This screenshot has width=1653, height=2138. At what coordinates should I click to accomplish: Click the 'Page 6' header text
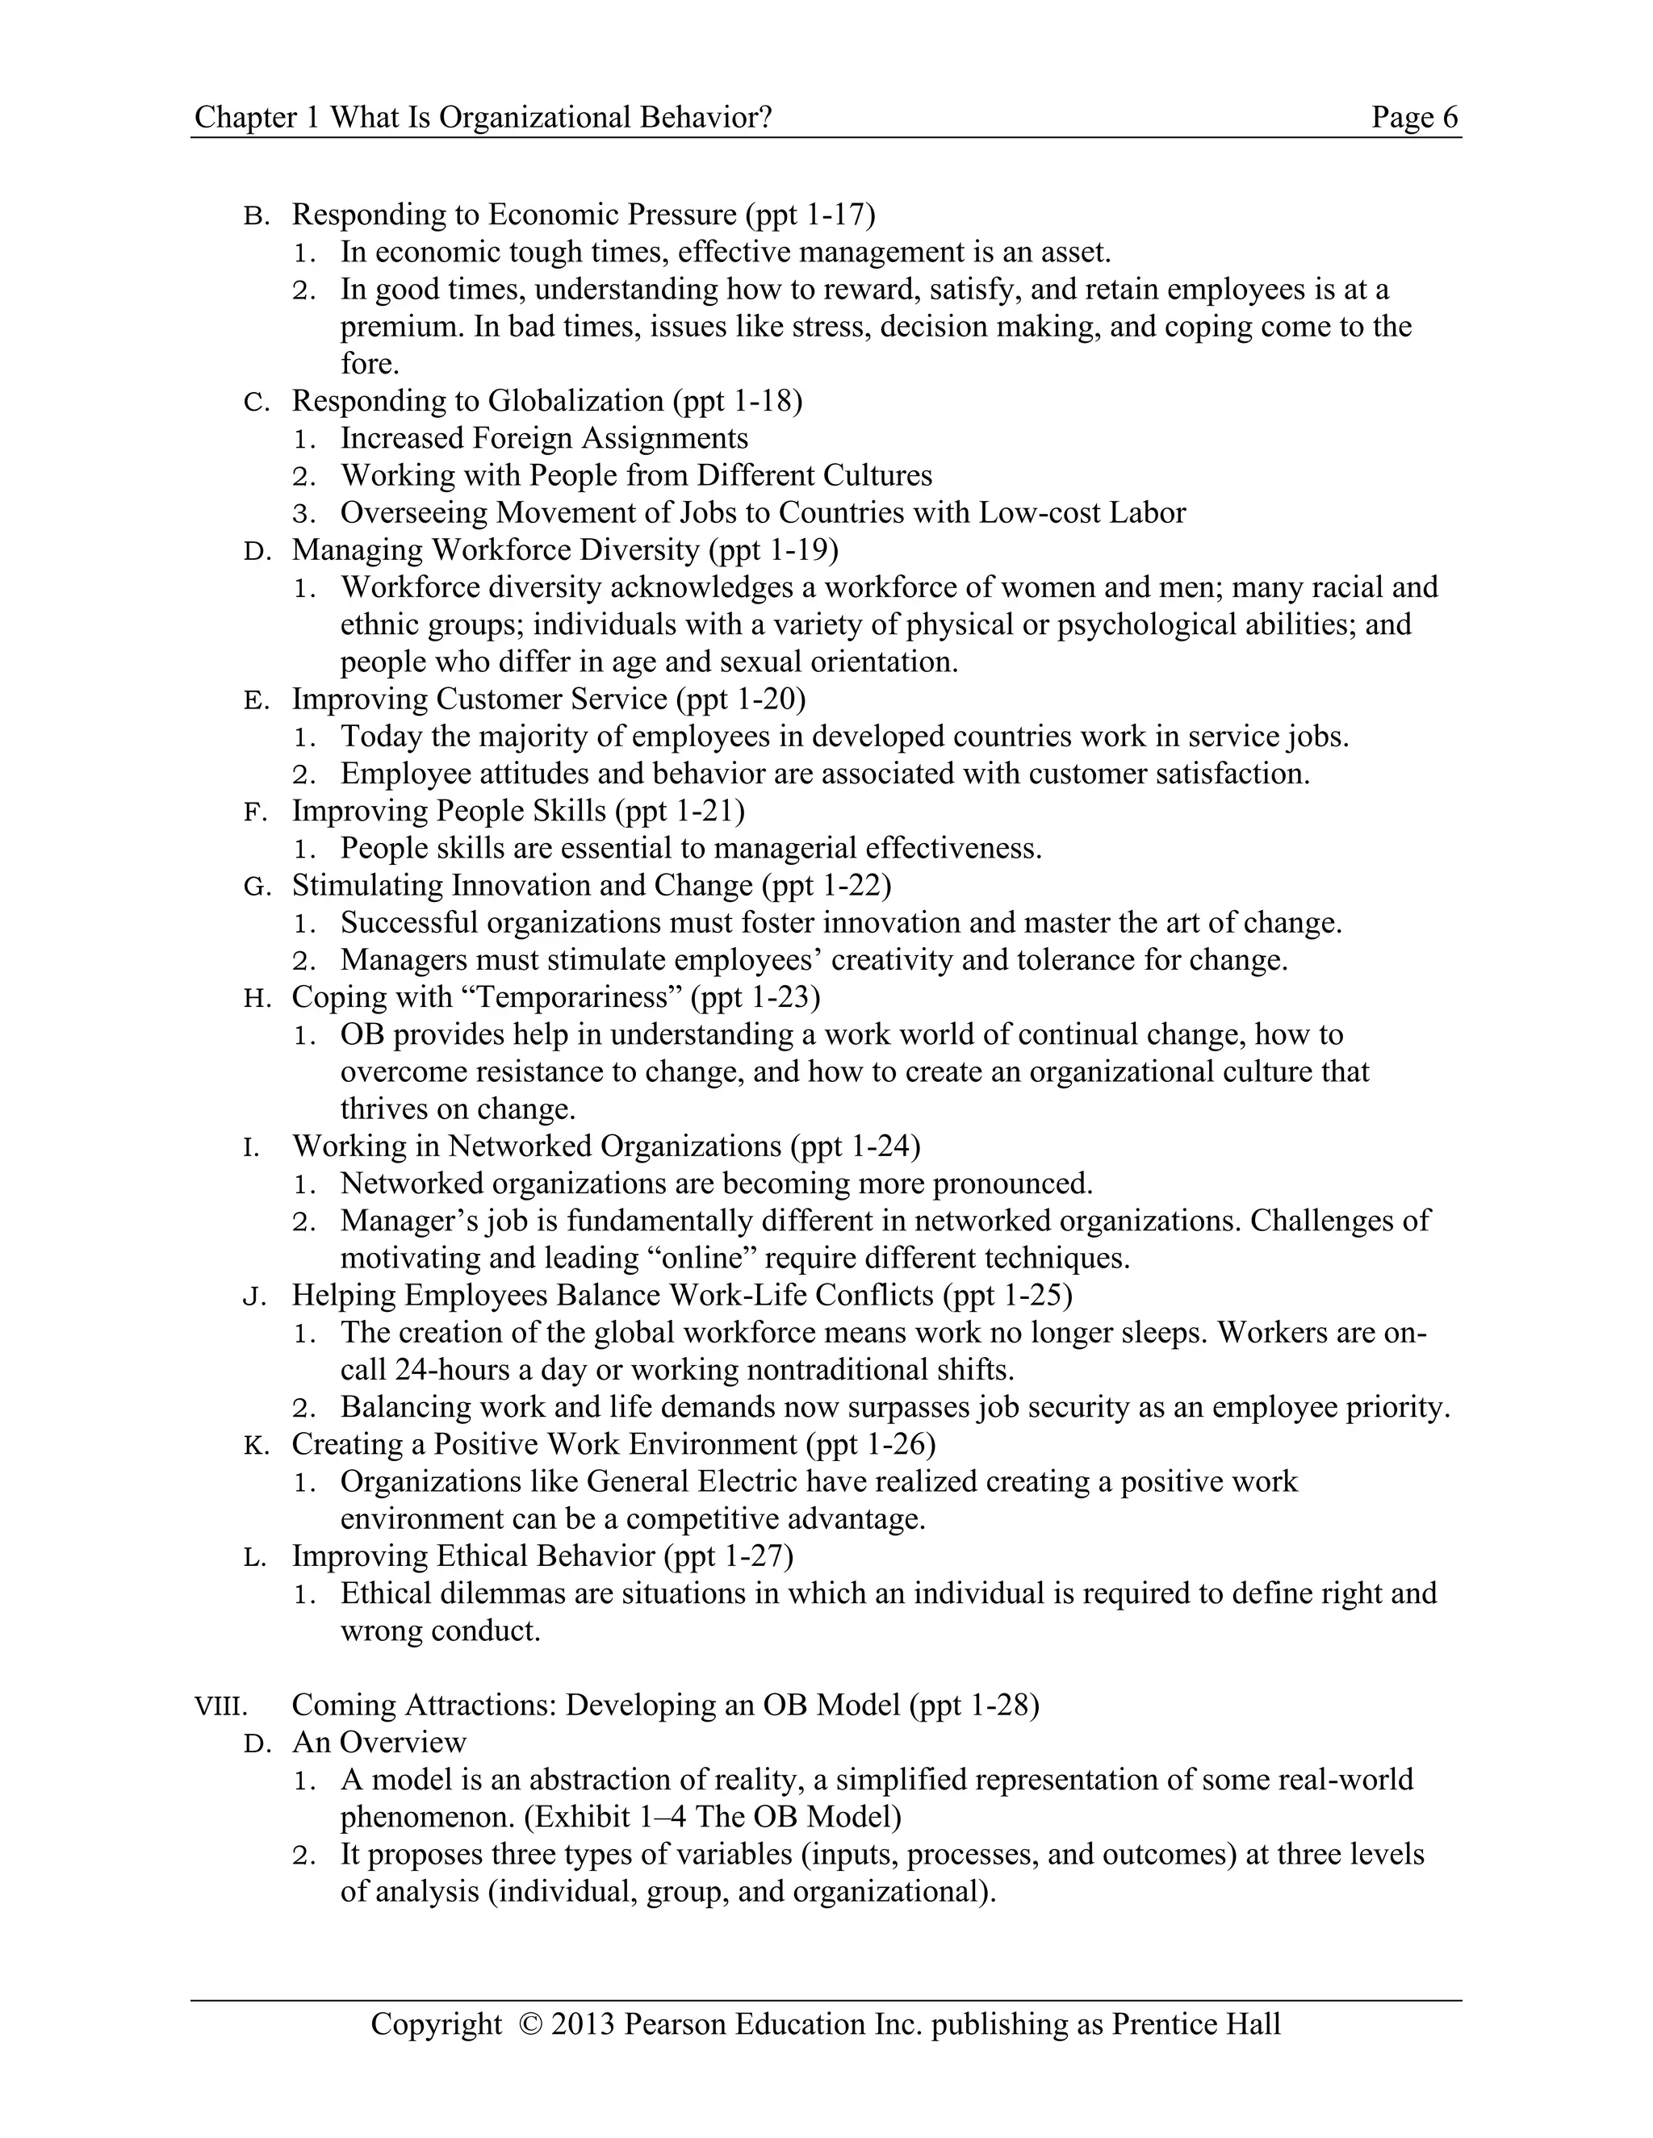pyautogui.click(x=1414, y=118)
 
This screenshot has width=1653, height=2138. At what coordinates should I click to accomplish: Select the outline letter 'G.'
pyautogui.click(x=257, y=887)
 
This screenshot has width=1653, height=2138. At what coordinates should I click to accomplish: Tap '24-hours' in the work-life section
pyautogui.click(x=454, y=1370)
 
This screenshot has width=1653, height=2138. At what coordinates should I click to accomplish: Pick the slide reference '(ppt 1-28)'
pyautogui.click(x=973, y=1706)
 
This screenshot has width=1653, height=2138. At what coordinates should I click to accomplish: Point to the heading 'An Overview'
pyautogui.click(x=379, y=1743)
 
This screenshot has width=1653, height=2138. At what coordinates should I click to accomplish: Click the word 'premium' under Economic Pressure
pyautogui.click(x=400, y=327)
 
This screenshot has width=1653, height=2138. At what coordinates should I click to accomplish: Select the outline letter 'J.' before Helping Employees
pyautogui.click(x=254, y=1297)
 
